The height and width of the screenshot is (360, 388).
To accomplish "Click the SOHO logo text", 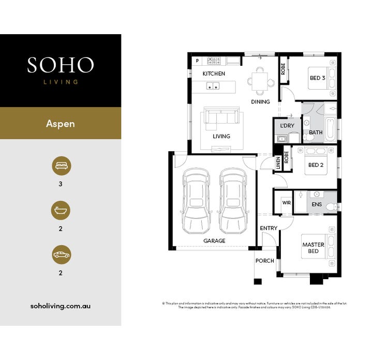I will [61, 65].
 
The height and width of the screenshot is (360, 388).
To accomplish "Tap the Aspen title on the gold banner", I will [61, 124].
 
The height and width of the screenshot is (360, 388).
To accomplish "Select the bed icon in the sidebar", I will [61, 166].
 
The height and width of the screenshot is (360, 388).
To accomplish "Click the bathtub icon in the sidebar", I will [61, 211].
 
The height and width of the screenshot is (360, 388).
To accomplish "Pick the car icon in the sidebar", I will [61, 255].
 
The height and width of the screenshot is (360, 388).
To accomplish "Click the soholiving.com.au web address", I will [61, 306].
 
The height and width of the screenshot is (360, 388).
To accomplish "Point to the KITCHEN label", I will [214, 74].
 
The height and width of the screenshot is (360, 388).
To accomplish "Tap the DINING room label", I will [260, 102].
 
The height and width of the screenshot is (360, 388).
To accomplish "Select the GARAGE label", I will [214, 241].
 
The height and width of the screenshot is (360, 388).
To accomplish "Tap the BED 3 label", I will [317, 78].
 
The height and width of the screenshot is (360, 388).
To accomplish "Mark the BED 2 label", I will [316, 165].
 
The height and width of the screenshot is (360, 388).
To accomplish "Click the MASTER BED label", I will [313, 248].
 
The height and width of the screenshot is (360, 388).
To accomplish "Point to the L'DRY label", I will [287, 126].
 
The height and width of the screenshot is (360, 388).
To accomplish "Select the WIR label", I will [287, 203].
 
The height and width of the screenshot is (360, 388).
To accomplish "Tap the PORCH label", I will [265, 261].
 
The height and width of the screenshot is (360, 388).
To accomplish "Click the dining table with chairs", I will [261, 81].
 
